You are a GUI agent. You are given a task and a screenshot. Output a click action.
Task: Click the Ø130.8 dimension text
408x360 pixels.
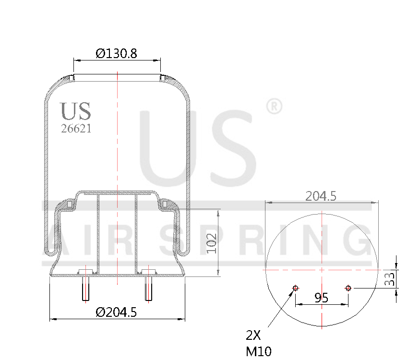coord(116,53)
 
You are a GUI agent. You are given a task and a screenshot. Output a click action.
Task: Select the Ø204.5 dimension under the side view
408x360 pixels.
coord(116,312)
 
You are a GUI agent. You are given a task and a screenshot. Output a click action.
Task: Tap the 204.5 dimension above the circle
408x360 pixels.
coord(321,196)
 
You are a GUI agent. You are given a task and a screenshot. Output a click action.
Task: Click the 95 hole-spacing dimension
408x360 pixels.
coord(321,298)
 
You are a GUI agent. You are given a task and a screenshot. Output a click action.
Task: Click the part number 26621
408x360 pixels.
coord(76,129)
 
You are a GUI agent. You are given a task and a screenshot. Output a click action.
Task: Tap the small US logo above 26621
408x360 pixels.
coord(75,111)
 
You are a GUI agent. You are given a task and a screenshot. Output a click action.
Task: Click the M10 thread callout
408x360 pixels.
coord(258,351)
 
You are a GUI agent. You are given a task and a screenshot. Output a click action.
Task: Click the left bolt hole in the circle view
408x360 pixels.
coord(296,288)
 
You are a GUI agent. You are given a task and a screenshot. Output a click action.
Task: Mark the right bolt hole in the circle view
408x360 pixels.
coord(348,288)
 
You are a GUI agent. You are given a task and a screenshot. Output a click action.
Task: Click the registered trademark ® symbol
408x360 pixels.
coord(274,106)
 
